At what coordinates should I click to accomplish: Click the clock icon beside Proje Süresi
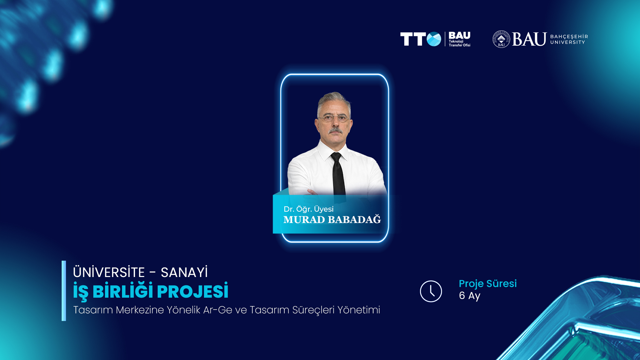(431, 291)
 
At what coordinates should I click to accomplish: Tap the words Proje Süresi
(488, 284)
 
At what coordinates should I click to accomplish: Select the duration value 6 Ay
(470, 296)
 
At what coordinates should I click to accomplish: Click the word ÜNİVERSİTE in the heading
(109, 272)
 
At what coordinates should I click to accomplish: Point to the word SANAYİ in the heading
(184, 272)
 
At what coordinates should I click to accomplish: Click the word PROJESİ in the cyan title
(193, 291)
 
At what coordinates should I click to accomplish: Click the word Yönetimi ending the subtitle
(359, 310)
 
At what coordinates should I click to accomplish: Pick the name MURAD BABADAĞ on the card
(332, 219)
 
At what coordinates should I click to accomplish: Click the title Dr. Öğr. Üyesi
(308, 209)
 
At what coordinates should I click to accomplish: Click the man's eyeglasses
(334, 118)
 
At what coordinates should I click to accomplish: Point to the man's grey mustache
(335, 130)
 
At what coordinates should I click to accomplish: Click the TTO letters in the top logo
(421, 39)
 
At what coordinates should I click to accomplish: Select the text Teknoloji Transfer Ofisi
(459, 43)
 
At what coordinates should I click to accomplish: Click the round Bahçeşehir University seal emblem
(501, 39)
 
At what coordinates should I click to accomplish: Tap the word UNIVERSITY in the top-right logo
(568, 42)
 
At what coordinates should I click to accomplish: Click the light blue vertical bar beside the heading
(64, 291)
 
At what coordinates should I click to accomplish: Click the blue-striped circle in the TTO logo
(434, 39)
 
